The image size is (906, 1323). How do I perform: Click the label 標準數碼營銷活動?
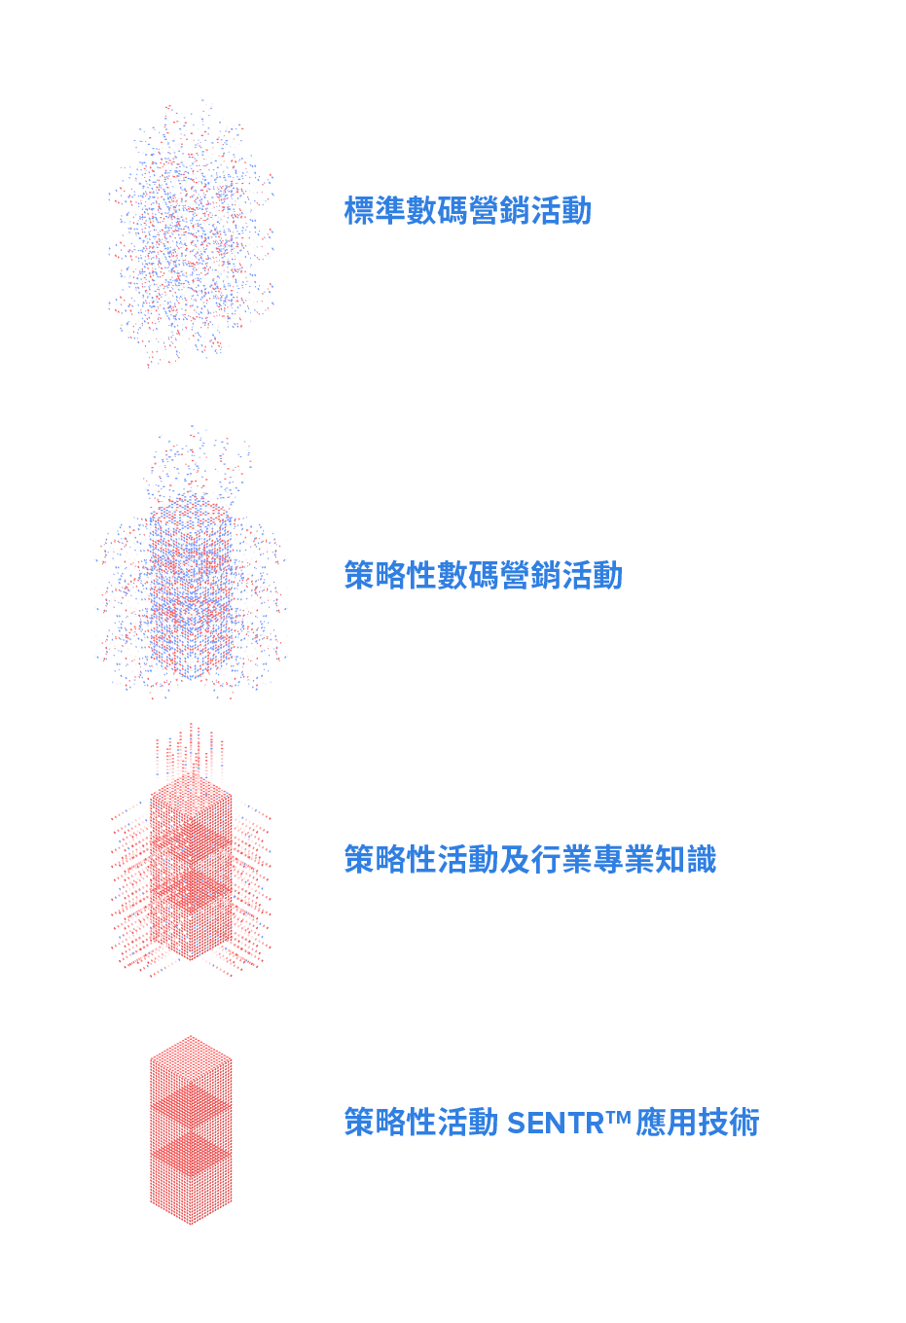[467, 211]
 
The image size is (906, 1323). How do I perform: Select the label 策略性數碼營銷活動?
[483, 576]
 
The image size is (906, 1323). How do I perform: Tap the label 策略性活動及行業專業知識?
[529, 860]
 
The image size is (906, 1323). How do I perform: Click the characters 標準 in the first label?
[375, 211]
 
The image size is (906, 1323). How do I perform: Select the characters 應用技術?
[697, 1123]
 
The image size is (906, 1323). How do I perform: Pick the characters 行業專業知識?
[624, 860]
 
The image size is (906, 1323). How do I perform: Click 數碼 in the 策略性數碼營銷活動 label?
[468, 576]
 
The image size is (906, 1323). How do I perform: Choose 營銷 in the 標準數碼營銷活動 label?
[498, 211]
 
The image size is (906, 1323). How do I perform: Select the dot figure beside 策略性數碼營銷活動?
[191, 584]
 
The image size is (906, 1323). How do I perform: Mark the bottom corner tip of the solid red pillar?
[191, 1223]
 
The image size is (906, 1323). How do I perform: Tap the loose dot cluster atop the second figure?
[199, 462]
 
